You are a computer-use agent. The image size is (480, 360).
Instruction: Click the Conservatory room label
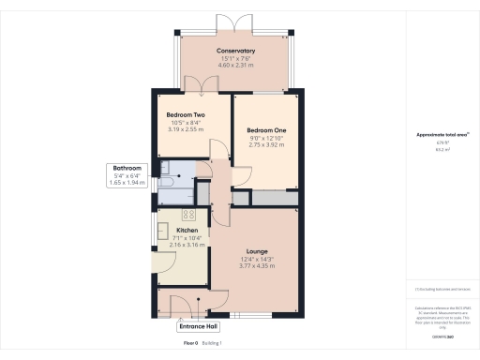coord(235,51)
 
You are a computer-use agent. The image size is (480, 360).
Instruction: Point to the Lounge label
coord(257,251)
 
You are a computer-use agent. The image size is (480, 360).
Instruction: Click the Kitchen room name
coord(187,230)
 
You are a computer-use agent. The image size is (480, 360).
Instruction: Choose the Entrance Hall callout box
coord(200,327)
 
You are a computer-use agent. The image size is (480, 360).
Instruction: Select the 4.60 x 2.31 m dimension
coord(235,66)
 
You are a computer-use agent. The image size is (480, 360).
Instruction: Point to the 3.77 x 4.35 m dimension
coord(257,266)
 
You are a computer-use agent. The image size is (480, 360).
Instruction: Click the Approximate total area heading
coord(442,135)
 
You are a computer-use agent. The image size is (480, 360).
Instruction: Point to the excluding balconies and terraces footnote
coord(442,290)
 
